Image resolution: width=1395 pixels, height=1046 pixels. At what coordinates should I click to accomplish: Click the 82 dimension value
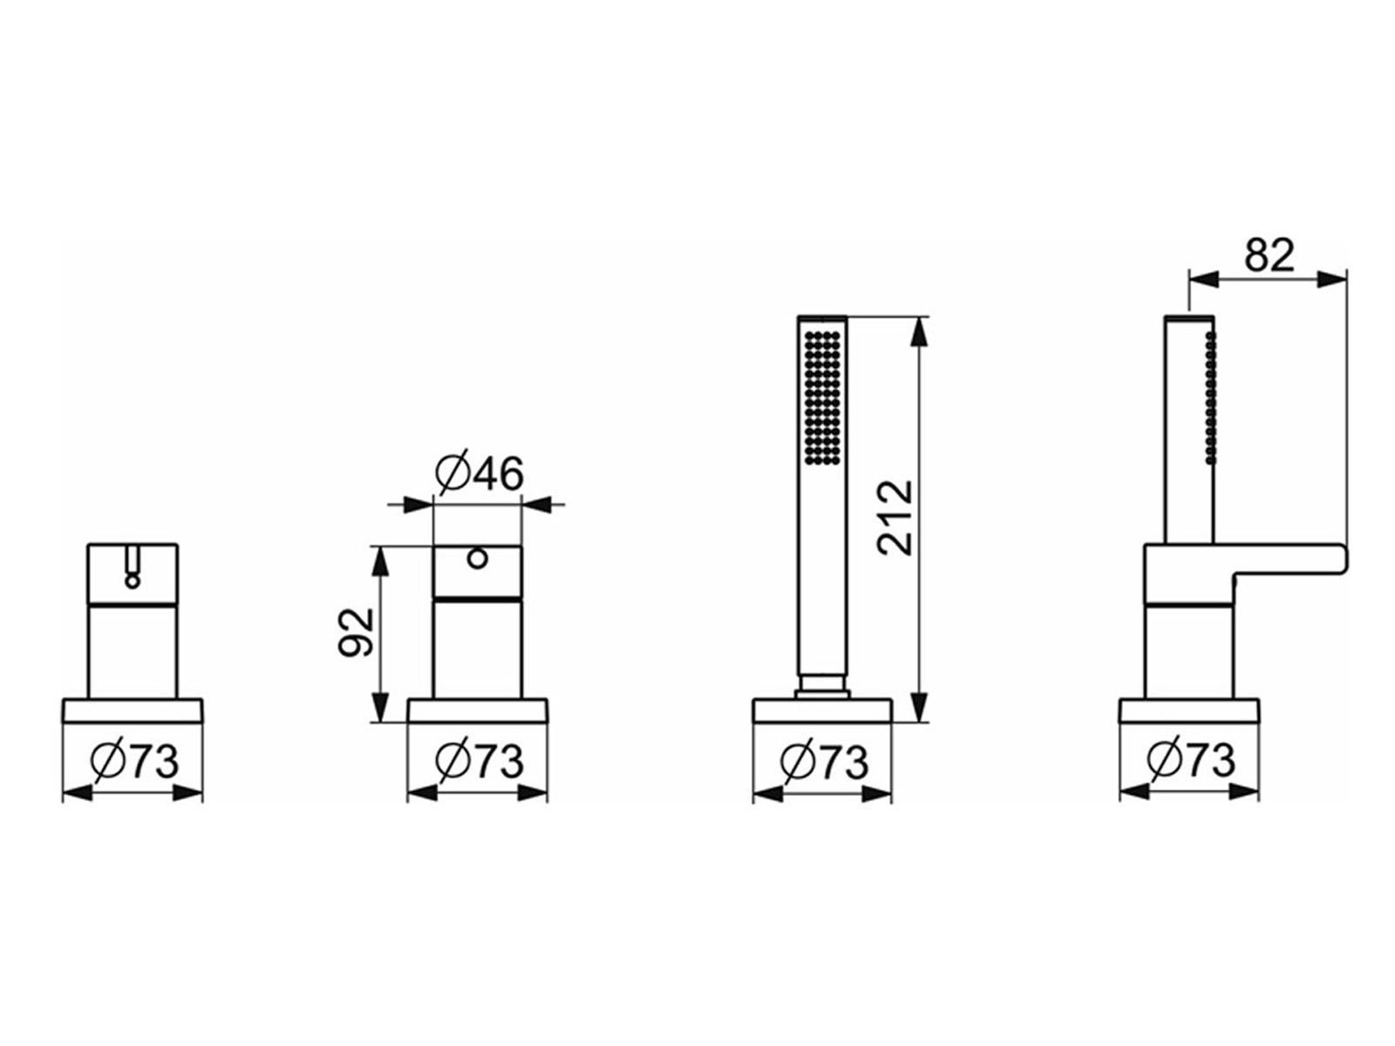(1269, 255)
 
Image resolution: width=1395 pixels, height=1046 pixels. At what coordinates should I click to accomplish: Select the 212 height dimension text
(895, 518)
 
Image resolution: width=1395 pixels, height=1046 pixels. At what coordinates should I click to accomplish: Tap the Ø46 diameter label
(480, 472)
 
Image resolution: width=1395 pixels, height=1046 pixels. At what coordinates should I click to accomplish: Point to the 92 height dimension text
(357, 632)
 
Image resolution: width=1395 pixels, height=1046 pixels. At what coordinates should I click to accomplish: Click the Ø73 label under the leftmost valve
(134, 760)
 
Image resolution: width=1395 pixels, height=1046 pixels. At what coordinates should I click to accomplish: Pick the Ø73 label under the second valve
(480, 760)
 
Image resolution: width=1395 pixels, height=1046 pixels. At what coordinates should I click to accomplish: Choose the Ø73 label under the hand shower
(824, 760)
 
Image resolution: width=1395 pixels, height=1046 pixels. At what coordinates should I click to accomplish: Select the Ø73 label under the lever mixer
(1191, 760)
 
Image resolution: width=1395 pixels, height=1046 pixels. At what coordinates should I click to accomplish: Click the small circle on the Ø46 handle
(478, 560)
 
